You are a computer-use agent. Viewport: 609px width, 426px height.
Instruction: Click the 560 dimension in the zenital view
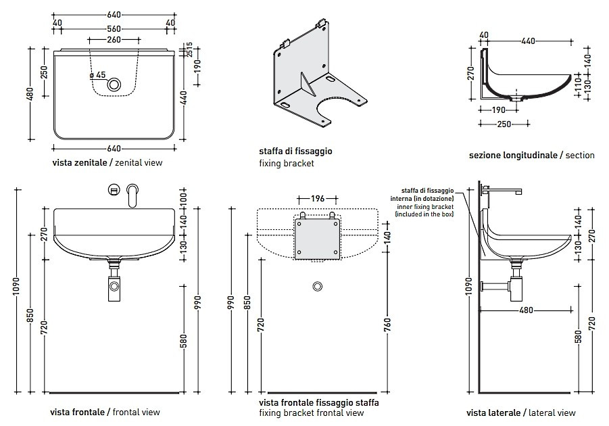(114, 30)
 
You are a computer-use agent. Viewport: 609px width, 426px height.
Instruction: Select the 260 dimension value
(114, 41)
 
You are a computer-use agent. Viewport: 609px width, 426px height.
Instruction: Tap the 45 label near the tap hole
(101, 74)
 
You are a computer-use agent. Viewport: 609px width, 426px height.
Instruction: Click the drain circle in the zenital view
(115, 85)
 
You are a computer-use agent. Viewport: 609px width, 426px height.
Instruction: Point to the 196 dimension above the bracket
(318, 199)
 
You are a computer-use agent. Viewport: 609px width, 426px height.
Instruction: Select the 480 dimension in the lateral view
(527, 310)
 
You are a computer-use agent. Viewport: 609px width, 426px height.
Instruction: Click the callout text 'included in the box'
(424, 214)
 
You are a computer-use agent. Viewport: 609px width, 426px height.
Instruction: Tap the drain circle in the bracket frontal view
(317, 286)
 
